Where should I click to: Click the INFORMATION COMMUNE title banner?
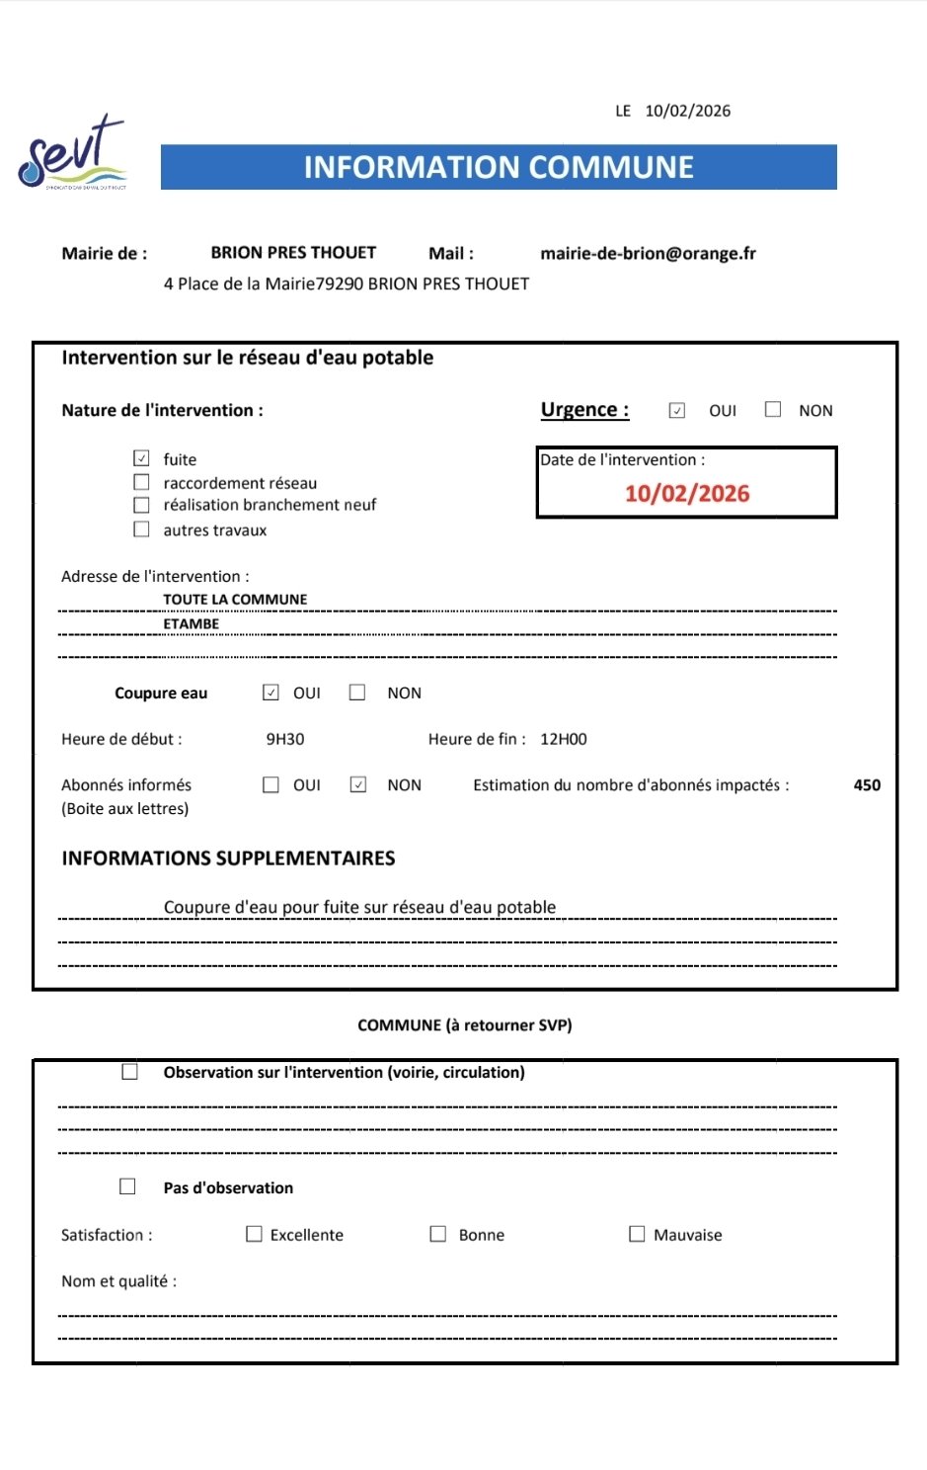pyautogui.click(x=499, y=167)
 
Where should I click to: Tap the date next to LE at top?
pyautogui.click(x=687, y=111)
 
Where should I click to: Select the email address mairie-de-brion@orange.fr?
pyautogui.click(x=648, y=253)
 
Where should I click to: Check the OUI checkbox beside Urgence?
pyautogui.click(x=677, y=410)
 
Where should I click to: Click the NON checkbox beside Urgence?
pyautogui.click(x=773, y=409)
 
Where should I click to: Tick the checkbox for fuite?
pyautogui.click(x=142, y=458)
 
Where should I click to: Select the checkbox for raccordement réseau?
pyautogui.click(x=142, y=482)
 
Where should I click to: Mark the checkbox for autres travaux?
pyautogui.click(x=142, y=530)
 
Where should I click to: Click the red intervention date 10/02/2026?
pyautogui.click(x=687, y=493)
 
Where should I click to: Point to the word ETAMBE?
pyautogui.click(x=192, y=623)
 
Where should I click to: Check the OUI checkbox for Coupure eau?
pyautogui.click(x=270, y=693)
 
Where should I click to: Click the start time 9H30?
pyautogui.click(x=285, y=739)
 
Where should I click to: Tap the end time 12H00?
pyautogui.click(x=563, y=739)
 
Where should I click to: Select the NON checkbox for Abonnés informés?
pyautogui.click(x=358, y=784)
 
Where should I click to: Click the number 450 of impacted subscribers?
pyautogui.click(x=867, y=785)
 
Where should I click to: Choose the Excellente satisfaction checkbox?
pyautogui.click(x=254, y=1234)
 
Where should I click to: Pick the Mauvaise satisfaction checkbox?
pyautogui.click(x=637, y=1234)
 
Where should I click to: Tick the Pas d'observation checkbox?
pyautogui.click(x=127, y=1186)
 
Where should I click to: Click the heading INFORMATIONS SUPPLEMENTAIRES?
pyautogui.click(x=228, y=858)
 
